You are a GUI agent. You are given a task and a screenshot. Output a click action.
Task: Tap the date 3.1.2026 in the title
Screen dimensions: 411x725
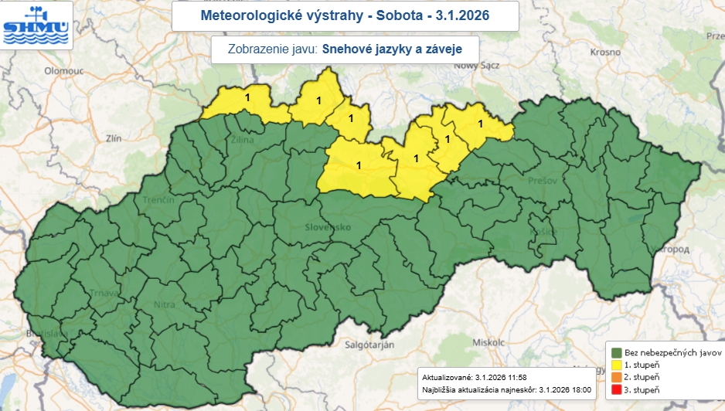(462, 15)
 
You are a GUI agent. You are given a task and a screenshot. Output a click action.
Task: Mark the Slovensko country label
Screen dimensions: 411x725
(328, 227)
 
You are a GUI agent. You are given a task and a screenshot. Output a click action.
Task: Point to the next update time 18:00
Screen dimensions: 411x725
(576, 390)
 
